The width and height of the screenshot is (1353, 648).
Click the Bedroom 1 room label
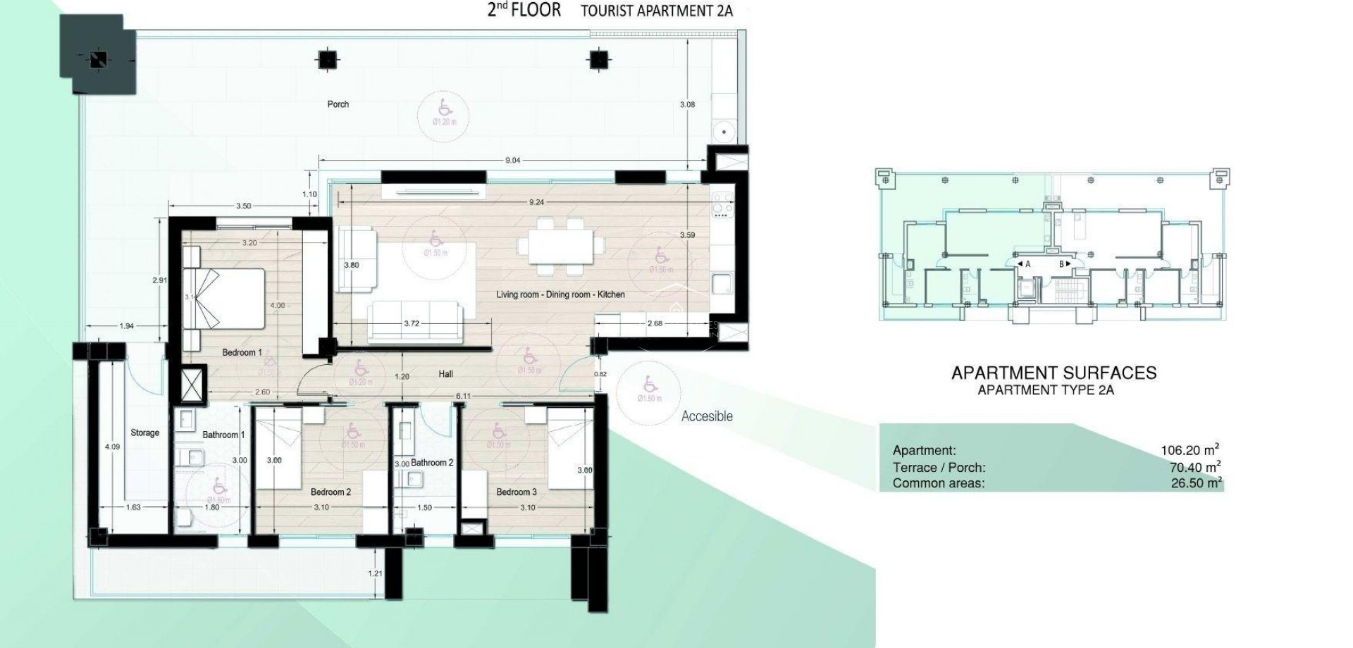point(242,352)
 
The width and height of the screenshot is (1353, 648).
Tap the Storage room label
point(144,432)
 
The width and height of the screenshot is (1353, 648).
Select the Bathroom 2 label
point(432,463)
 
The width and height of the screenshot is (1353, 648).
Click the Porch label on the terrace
point(338,104)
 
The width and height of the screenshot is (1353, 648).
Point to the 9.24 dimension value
point(536,202)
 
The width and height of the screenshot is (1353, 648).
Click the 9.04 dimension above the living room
point(512,161)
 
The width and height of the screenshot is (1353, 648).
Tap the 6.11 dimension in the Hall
point(463,397)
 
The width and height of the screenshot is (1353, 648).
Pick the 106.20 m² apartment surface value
point(1190,450)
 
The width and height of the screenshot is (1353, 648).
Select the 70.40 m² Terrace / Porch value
point(1194,467)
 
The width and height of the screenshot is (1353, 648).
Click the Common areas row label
point(938,483)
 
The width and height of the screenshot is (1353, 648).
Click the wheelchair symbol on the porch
point(445,108)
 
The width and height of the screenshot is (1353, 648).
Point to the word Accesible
point(707,416)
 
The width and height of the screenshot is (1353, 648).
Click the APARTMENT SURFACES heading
point(1054,373)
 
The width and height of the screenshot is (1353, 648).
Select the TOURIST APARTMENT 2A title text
point(657,11)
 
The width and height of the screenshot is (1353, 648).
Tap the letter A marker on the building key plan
point(1027,264)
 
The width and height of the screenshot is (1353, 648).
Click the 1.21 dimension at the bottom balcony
point(376,573)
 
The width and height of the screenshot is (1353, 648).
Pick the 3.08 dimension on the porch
point(687,104)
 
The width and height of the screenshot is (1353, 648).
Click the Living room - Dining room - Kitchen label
point(560,294)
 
